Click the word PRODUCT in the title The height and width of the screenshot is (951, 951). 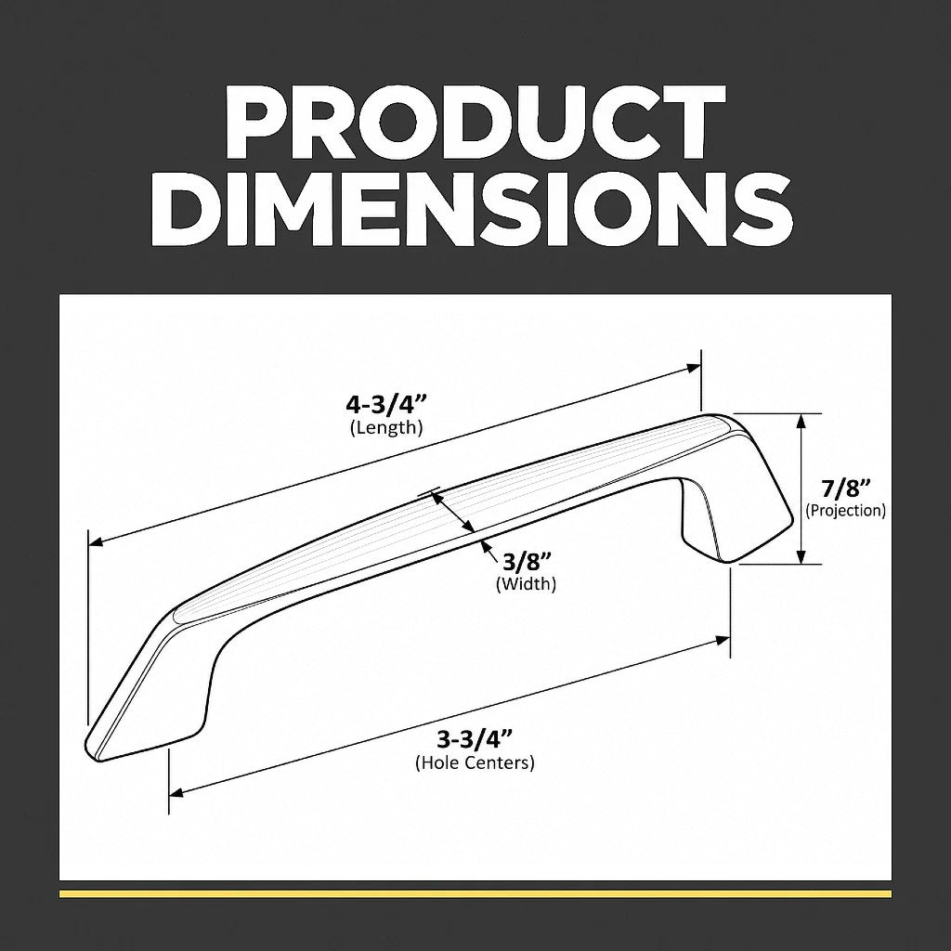pos(475,122)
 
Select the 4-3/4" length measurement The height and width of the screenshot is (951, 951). pos(386,404)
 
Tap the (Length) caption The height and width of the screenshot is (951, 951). pos(386,427)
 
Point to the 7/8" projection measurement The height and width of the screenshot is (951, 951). pos(846,489)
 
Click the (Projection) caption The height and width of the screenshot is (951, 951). pos(845,510)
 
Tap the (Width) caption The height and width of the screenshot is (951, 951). pos(527,584)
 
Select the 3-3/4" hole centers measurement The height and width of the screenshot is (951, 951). pos(475,740)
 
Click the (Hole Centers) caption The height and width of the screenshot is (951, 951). pos(475,762)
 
